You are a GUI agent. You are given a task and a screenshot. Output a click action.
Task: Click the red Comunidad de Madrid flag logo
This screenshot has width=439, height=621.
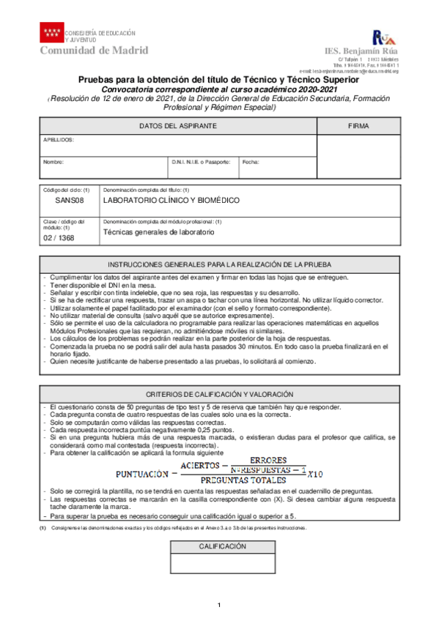pyautogui.click(x=51, y=33)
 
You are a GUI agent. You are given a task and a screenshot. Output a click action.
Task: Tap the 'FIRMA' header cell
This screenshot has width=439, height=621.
pyautogui.click(x=358, y=127)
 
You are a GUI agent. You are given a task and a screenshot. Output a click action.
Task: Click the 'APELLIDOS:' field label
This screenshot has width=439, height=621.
pyautogui.click(x=59, y=139)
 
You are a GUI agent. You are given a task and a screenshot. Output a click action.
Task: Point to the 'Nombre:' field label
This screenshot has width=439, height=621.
pyautogui.click(x=54, y=162)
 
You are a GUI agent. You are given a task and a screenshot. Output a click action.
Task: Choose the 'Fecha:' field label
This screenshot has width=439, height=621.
pyautogui.click(x=251, y=162)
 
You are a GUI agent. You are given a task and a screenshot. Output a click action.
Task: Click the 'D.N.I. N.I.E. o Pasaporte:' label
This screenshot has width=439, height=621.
pyautogui.click(x=202, y=162)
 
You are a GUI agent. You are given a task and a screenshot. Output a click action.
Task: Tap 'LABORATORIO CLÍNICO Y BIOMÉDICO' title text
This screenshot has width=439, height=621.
pyautogui.click(x=171, y=200)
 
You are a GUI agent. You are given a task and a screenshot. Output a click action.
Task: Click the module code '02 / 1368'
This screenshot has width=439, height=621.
pyautogui.click(x=59, y=237)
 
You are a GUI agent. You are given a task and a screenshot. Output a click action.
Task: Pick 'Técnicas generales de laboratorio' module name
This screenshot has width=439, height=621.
pyautogui.click(x=158, y=232)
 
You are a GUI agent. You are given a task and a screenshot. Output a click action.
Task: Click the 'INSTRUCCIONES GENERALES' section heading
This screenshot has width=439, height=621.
pyautogui.click(x=219, y=264)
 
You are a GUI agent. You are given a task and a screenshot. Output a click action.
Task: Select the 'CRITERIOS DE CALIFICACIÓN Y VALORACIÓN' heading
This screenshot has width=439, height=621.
pyautogui.click(x=219, y=394)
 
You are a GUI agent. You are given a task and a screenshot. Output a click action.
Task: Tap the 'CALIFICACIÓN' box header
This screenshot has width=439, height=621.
pyautogui.click(x=223, y=546)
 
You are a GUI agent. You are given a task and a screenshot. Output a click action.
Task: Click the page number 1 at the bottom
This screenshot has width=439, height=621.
pyautogui.click(x=219, y=604)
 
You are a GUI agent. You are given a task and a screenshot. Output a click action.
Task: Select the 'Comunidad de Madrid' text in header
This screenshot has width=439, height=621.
pyautogui.click(x=94, y=51)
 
